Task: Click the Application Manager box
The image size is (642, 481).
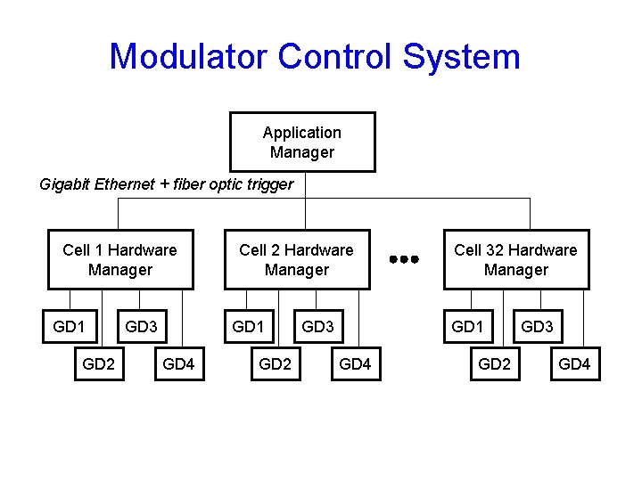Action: (x=302, y=142)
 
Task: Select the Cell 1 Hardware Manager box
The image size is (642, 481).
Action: (x=120, y=259)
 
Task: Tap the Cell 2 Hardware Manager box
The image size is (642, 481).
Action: (x=297, y=259)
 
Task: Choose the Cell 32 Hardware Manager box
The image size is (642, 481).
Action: (x=516, y=259)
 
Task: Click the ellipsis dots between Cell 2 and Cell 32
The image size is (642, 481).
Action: (x=404, y=259)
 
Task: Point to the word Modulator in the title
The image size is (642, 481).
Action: (x=188, y=56)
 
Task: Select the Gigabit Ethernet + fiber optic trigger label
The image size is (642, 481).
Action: (x=167, y=184)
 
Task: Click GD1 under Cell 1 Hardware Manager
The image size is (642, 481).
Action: (x=70, y=327)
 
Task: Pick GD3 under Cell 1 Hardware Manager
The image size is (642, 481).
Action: (x=142, y=327)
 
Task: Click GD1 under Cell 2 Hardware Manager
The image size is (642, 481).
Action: (x=248, y=327)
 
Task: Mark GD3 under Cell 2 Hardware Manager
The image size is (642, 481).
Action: (x=318, y=327)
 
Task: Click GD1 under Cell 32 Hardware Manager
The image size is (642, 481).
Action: (x=467, y=327)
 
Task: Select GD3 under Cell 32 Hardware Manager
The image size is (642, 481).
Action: (x=538, y=327)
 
